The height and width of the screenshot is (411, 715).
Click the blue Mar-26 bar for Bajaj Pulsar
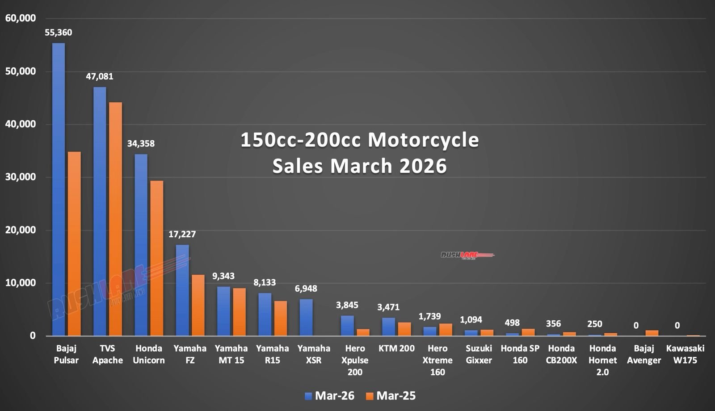pos(59,189)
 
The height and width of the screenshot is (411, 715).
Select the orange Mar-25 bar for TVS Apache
pos(115,219)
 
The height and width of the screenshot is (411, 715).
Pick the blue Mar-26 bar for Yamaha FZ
pos(182,290)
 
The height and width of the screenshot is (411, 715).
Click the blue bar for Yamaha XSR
pos(306,318)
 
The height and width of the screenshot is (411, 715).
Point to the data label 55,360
pos(58,33)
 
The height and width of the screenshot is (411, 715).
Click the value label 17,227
pos(182,234)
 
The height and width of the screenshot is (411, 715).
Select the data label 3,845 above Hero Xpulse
pos(347,305)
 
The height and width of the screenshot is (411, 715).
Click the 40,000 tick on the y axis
pos(21,124)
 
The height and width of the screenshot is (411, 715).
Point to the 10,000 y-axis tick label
pos(21,283)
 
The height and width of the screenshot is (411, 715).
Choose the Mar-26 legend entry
pos(329,396)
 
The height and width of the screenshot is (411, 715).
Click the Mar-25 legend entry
pos(391,396)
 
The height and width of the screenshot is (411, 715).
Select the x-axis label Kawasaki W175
pos(685,354)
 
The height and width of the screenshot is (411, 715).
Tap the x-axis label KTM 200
pos(396,348)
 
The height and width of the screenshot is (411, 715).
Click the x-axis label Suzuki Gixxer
pos(479,354)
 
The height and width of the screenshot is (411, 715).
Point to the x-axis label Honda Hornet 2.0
pos(602,360)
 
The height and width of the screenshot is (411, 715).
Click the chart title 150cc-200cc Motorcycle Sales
pos(360,152)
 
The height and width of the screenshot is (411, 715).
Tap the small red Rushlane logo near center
pos(467,255)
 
